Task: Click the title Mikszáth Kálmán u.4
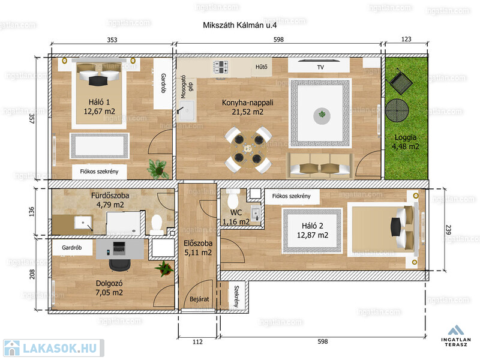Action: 239,25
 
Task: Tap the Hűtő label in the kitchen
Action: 262,67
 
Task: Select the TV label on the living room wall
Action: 320,67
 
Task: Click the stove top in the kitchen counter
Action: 221,67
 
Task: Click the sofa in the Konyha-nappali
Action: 320,166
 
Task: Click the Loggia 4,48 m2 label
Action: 406,142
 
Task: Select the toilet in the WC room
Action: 233,199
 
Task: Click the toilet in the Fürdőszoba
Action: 157,224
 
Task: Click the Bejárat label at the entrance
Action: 199,299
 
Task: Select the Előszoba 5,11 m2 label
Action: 198,248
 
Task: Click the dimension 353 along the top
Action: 112,40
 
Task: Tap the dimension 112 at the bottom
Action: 197,341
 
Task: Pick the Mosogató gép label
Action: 187,87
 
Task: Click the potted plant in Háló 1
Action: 158,169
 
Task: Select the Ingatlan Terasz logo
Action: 456,336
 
